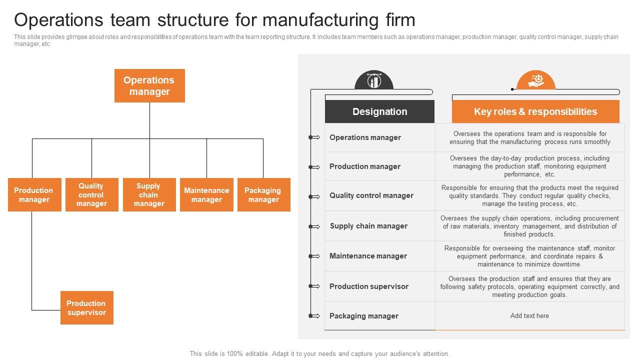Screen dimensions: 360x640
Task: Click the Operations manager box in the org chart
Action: click(149, 86)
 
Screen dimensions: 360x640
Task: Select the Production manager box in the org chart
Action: click(34, 195)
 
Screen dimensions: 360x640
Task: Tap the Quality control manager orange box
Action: click(91, 195)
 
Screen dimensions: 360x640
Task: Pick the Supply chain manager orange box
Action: click(149, 195)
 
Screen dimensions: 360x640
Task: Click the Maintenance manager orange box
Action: click(206, 195)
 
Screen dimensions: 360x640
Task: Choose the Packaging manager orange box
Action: click(263, 195)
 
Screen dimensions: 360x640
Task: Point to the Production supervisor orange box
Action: click(86, 308)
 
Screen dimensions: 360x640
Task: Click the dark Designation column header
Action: click(379, 111)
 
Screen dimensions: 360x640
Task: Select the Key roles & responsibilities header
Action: click(535, 111)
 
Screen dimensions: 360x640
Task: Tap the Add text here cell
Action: click(529, 316)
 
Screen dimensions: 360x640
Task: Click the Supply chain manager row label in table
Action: click(368, 226)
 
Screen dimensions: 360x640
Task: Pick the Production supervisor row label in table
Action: click(368, 286)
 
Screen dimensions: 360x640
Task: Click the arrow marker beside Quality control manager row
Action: click(314, 196)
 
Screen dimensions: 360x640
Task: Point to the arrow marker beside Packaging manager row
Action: click(314, 316)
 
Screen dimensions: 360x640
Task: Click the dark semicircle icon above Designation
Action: click(373, 80)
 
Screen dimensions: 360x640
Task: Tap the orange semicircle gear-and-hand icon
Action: click(536, 80)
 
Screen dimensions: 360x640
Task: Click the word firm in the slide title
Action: click(397, 20)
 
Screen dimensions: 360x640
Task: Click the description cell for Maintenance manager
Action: click(529, 256)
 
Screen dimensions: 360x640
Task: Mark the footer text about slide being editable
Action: click(319, 353)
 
